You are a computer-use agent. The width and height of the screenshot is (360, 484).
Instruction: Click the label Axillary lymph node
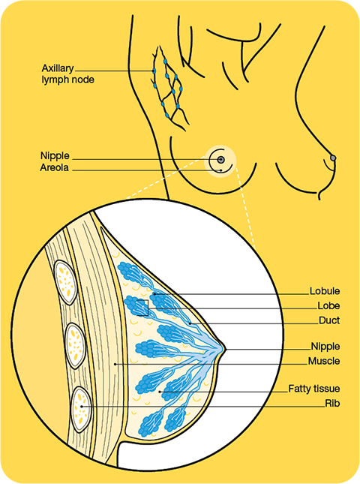click(67, 74)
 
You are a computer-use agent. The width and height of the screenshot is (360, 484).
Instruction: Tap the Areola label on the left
click(54, 167)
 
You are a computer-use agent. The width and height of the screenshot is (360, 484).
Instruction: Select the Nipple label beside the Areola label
click(55, 156)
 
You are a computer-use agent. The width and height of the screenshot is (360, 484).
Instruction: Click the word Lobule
click(325, 291)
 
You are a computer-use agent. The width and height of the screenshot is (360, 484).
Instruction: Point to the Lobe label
click(328, 306)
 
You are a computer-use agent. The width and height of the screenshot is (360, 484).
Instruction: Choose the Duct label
click(329, 320)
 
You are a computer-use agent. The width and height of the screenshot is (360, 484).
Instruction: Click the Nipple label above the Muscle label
click(325, 347)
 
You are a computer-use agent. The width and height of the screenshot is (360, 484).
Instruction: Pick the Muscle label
click(324, 361)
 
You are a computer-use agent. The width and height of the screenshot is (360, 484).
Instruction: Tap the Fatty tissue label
click(314, 389)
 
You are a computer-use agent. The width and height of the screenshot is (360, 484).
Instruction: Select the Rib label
click(332, 404)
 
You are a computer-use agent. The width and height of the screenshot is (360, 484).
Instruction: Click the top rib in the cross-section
click(65, 282)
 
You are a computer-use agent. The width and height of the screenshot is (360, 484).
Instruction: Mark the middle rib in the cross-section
click(76, 346)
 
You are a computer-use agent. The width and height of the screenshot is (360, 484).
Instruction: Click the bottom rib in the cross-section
click(82, 409)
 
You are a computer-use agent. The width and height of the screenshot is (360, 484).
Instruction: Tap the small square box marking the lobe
click(142, 308)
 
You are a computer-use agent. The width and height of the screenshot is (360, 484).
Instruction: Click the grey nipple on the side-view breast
click(333, 158)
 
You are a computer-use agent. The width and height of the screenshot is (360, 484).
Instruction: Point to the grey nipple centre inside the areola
click(220, 160)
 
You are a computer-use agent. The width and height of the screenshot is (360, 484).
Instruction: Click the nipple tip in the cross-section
click(225, 349)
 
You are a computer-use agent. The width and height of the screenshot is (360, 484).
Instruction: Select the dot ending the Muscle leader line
click(115, 364)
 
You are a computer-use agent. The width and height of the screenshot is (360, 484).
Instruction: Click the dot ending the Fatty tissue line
click(160, 392)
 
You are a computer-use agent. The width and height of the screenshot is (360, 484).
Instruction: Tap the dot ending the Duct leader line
click(190, 323)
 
